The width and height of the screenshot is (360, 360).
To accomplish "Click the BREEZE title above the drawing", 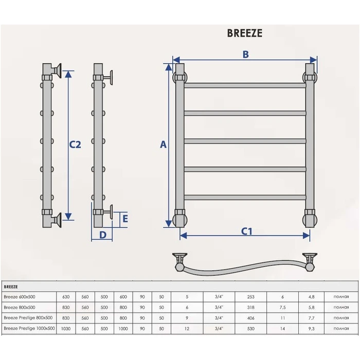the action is tap(244, 33).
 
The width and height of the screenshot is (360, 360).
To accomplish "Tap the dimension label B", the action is tap(246, 55).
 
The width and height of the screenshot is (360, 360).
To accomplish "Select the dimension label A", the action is tap(163, 145).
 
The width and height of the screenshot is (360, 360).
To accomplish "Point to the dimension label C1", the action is tap(246, 231).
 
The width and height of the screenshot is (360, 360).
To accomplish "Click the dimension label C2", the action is tap(75, 145).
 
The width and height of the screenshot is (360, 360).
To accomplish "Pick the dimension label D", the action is tap(103, 235).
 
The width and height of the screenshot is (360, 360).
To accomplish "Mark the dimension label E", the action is tap(125, 219).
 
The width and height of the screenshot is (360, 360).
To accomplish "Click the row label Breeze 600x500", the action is tap(20, 297).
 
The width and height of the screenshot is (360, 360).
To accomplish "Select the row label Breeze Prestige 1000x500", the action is tap(29, 328).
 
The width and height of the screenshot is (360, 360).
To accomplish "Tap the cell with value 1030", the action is tap(66, 329).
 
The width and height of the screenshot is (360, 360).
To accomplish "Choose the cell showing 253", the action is tap(251, 297).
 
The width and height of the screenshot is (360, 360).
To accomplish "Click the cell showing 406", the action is tap(251, 318).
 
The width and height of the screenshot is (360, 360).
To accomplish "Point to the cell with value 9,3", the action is tap(311, 329).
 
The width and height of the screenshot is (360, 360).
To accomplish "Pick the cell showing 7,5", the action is tap(283, 308).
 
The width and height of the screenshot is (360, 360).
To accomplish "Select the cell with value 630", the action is tap(66, 297).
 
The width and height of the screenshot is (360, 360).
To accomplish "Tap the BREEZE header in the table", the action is tap(11, 287).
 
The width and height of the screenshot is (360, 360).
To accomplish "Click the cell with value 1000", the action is tap(123, 329).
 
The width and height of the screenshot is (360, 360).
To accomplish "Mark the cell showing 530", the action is tap(251, 329).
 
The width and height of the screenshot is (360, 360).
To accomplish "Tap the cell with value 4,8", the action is tap(311, 297).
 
